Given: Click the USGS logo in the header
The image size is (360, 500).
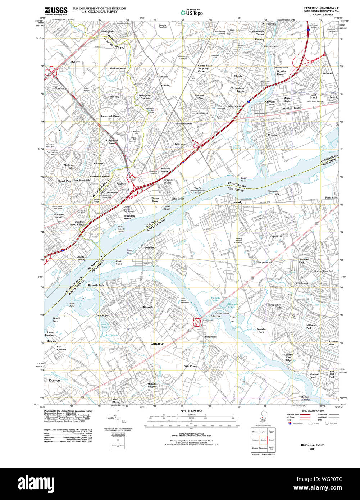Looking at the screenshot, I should (x=55, y=10).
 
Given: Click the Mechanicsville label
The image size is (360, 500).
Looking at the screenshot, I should (x=118, y=68).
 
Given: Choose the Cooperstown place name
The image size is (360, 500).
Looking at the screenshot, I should (x=265, y=263).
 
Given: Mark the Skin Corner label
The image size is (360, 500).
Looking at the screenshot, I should (x=191, y=366).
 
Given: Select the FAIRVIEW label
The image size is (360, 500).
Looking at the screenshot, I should (x=156, y=344).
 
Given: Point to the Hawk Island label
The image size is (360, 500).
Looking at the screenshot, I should (x=119, y=263).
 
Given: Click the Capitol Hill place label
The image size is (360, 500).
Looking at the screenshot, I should (x=276, y=236).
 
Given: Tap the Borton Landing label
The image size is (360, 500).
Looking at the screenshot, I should (x=305, y=398).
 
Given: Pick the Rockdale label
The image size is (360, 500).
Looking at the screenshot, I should (x=327, y=73).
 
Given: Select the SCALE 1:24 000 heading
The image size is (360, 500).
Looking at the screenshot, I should (x=191, y=411).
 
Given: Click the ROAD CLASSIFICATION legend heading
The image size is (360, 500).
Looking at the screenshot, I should (x=313, y=410).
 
